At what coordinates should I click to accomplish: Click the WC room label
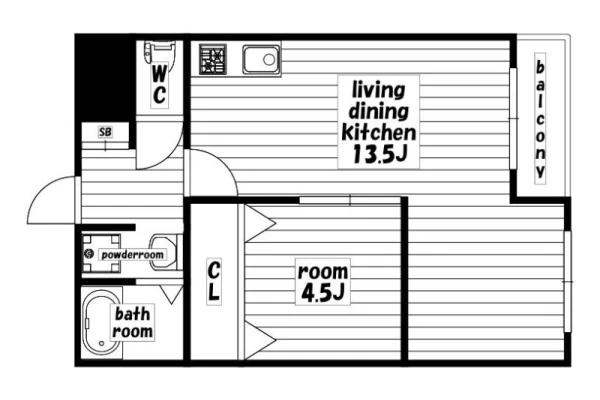pos(159,85)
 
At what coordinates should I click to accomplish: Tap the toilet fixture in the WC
pos(160,52)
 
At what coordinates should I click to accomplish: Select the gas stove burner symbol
pos(213,59)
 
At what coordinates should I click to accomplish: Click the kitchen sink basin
pos(261,59)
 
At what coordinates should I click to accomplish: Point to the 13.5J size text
pos(379,154)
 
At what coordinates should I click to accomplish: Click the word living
pos(378,90)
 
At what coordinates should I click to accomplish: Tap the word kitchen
pos(378,132)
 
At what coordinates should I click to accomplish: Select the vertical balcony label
pos(540,119)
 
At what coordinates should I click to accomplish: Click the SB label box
pos(105,132)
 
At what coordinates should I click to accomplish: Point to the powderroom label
pos(132,255)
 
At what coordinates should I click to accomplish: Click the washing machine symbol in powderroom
pos(101,253)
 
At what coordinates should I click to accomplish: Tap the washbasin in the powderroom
pos(163,253)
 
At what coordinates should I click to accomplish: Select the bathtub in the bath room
pos(100,323)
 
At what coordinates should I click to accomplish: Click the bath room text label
pos(132,322)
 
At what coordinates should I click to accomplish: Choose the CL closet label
pos(214,281)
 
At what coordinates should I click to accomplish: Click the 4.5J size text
pos(323,293)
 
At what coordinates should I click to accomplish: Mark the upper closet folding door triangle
pos(260,223)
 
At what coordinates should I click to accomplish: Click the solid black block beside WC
pos(105,78)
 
